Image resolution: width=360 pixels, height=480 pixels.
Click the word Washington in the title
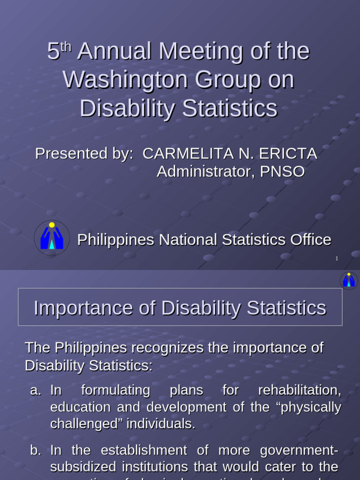point(125,80)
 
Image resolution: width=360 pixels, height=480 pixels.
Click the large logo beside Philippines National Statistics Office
point(52,238)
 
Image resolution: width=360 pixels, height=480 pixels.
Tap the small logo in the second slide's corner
point(349,280)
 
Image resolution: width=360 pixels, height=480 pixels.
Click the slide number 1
point(337,258)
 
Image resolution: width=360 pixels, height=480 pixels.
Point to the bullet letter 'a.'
point(36,390)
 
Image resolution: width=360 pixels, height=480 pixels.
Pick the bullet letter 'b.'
point(36,450)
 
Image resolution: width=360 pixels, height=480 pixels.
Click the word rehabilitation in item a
point(299,390)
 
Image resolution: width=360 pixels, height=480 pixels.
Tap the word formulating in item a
point(115,390)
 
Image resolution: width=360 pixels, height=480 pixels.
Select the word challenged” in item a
point(81,424)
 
